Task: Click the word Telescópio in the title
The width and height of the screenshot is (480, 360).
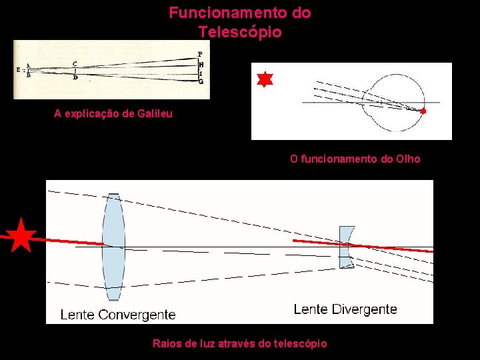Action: [x=240, y=31]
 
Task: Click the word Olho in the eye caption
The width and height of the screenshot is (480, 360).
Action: [x=408, y=159]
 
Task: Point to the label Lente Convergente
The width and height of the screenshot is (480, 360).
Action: [x=118, y=315]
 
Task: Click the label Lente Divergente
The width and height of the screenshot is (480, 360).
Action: [x=345, y=309]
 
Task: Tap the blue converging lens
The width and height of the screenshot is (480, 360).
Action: [x=113, y=247]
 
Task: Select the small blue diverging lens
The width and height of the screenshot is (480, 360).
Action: [x=347, y=247]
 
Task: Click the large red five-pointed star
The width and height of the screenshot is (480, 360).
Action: [x=22, y=235]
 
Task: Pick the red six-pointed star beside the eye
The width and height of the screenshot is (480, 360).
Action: [x=265, y=79]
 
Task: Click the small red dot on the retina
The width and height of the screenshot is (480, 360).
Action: [x=423, y=111]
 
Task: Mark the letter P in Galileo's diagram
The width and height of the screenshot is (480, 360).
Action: [x=199, y=54]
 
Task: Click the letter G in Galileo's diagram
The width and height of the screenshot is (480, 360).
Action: [x=201, y=81]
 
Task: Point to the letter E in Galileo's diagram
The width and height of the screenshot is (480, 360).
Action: [x=18, y=69]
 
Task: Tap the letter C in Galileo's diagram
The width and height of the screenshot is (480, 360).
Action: [x=75, y=64]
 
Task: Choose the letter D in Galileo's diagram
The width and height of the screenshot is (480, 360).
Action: [x=75, y=78]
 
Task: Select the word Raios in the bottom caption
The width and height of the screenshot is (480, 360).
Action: [x=166, y=343]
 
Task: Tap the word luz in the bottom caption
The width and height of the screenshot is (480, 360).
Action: [x=207, y=343]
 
